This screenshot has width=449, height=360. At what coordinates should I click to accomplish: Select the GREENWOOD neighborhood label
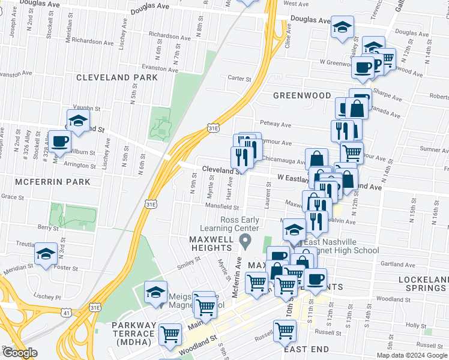click(x=302, y=95)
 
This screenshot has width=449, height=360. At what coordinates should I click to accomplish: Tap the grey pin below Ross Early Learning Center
click(x=244, y=242)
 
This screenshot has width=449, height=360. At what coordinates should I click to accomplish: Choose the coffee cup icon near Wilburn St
click(x=59, y=142)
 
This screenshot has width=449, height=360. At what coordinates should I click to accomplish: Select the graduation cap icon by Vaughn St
click(x=78, y=120)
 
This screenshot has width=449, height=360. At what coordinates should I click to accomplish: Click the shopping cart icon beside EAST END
click(x=285, y=330)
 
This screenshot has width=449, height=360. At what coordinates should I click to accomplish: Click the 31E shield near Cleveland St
click(x=212, y=128)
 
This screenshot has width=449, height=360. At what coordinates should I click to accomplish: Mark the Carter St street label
click(x=239, y=78)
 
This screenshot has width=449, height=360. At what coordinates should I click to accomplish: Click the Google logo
click(x=19, y=353)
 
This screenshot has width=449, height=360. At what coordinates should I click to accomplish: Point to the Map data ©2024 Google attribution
click(x=411, y=355)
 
